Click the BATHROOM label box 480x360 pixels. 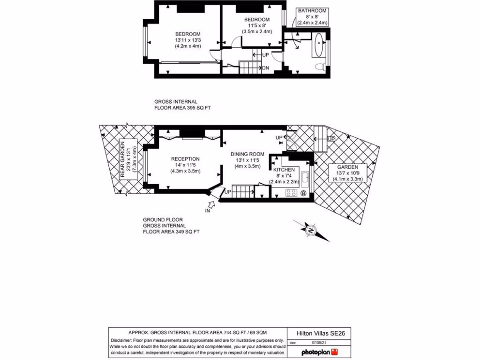coord(312,17)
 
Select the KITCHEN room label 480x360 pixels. coord(284,169)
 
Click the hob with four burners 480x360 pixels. coord(291,192)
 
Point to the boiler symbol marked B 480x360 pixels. coord(303,193)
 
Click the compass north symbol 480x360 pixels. coord(310,230)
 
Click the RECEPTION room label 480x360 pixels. coord(185,159)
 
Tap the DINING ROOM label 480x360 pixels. coord(247,154)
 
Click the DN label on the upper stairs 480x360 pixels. coord(265,68)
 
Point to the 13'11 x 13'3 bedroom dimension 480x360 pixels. coord(187,40)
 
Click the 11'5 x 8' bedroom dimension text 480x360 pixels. coord(257,25)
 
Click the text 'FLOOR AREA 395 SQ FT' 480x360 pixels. coord(183,108)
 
